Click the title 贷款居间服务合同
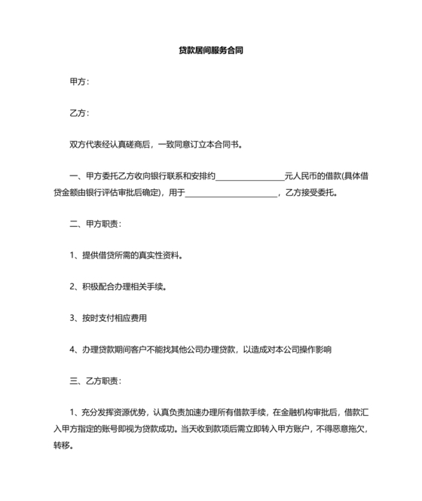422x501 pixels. pyautogui.click(x=211, y=50)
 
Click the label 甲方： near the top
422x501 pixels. pyautogui.click(x=79, y=81)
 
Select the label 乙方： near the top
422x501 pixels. pyautogui.click(x=79, y=113)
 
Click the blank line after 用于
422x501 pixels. pyautogui.click(x=231, y=192)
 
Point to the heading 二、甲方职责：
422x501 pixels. pyautogui.click(x=94, y=224)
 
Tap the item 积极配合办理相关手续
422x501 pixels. pyautogui.click(x=123, y=286)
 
